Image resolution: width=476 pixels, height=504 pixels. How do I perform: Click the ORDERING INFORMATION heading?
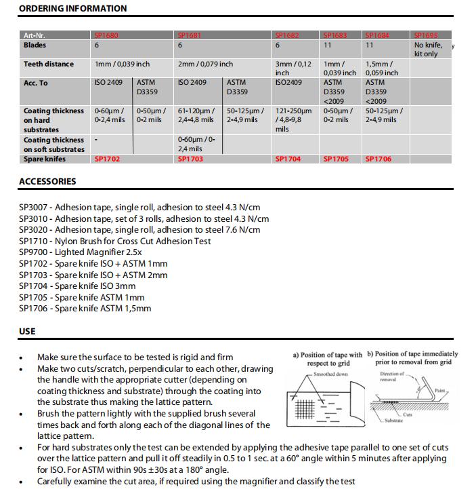[72, 9]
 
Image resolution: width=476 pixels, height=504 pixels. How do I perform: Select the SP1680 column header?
[106, 35]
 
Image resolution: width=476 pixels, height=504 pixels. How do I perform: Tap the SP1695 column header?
[427, 35]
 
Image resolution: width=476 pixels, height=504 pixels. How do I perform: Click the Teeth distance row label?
[49, 64]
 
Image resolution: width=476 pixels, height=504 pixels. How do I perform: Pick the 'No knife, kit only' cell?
[428, 50]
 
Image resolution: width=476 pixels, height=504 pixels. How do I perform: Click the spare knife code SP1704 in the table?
[288, 159]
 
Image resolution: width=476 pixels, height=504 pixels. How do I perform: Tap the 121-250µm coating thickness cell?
[293, 119]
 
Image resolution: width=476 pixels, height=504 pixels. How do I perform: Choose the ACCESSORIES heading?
[47, 182]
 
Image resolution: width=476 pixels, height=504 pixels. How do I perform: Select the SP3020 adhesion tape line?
[139, 230]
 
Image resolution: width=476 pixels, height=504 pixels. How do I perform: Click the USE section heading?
[27, 332]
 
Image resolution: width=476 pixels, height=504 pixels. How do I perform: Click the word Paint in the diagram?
[440, 390]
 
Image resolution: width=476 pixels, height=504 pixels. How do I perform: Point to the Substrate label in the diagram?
[393, 421]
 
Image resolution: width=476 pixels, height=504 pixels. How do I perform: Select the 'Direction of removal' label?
[392, 376]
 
